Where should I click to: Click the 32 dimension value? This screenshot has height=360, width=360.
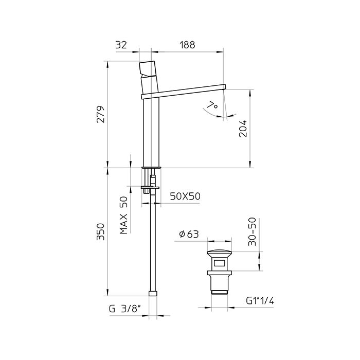coord(121,45)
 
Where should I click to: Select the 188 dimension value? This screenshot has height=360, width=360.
coord(187,45)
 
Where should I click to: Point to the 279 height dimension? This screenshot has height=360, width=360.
coord(101,114)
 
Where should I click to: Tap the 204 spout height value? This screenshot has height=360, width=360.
coord(243,129)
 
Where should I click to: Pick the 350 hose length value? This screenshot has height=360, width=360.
coord(101,231)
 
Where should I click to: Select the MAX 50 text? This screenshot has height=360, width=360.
coord(124,215)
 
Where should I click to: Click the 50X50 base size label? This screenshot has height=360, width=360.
coord(185,196)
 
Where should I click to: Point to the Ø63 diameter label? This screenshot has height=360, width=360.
coord(189,234)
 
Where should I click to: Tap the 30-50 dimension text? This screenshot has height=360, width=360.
coord(252,231)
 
